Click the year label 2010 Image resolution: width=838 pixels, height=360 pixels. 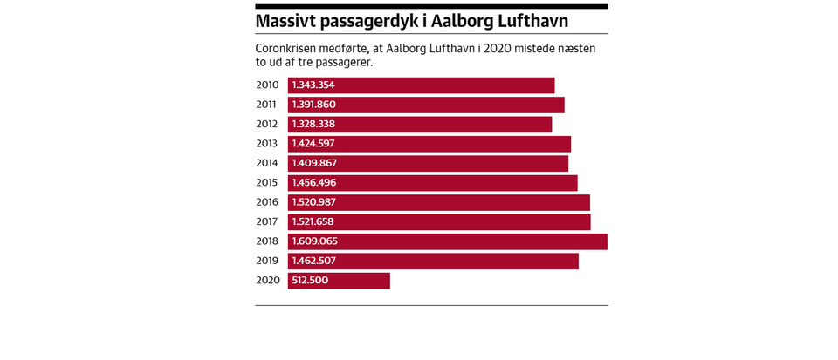267,85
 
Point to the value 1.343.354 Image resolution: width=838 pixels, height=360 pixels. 313,85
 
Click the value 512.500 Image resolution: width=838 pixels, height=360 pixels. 310,281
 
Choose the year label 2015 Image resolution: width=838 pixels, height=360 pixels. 267,183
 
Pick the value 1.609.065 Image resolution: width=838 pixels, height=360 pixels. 314,241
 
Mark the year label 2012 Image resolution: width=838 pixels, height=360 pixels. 267,125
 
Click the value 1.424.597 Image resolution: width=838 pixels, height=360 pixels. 313,144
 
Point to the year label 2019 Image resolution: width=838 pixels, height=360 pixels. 267,261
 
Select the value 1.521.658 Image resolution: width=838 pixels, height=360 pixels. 313,221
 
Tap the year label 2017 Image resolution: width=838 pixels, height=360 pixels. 267,221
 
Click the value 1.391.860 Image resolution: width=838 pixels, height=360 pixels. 313,105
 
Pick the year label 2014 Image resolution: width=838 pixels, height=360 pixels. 267,163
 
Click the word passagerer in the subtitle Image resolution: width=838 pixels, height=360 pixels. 345,63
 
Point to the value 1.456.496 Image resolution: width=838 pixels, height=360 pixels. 313,183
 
